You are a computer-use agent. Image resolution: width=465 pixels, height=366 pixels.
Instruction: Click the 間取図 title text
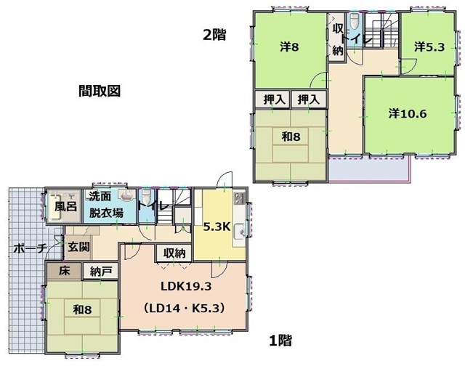coord(100,91)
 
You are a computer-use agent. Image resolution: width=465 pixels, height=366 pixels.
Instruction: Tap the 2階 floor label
coord(214,35)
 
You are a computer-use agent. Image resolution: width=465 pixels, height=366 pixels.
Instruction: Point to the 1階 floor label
coord(280,340)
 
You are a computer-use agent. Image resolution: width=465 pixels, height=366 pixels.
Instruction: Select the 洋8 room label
coord(289,47)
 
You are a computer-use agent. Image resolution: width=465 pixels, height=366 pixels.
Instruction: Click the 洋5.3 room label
coord(429,46)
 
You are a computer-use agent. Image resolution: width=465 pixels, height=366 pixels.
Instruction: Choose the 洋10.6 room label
coord(408,113)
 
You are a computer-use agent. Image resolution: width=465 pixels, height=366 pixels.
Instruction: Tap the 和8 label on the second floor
coord(291,137)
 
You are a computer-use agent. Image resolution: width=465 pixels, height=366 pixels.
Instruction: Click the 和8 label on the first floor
coord(82,309)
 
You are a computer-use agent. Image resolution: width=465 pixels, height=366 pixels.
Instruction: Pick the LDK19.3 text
coord(186,286)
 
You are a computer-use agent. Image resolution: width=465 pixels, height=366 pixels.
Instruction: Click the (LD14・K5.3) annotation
coord(184,309)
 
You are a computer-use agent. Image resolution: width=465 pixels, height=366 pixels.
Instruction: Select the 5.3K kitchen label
coord(217,227)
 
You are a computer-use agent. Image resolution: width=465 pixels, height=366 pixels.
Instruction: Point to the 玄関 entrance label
coord(78,247)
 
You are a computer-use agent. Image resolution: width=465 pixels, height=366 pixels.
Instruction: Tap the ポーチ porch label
coord(30,248)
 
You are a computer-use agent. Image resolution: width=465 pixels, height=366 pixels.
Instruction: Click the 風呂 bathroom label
coord(66,206)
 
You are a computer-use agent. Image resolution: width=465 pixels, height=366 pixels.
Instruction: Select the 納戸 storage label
coord(101,272)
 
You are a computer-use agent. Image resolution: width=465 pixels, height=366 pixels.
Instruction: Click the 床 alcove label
coord(64,271)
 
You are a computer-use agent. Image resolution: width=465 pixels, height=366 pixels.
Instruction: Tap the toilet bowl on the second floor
coord(354,21)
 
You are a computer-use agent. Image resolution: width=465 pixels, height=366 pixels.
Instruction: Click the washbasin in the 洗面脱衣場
coord(127,195)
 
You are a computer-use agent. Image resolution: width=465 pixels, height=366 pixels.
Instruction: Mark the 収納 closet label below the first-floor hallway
coord(174,253)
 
